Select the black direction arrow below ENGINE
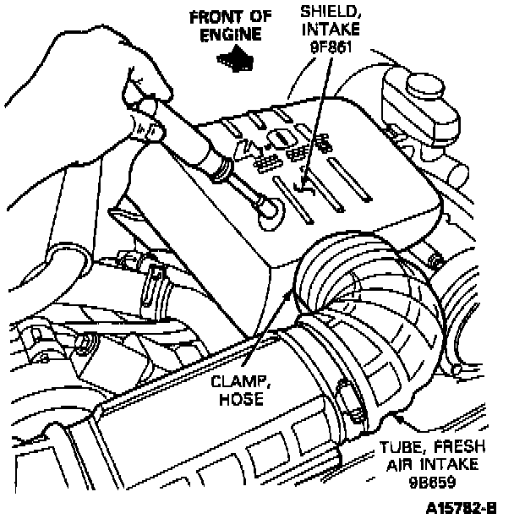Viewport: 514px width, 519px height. coord(236,57)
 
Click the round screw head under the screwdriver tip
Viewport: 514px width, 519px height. coord(266,207)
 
